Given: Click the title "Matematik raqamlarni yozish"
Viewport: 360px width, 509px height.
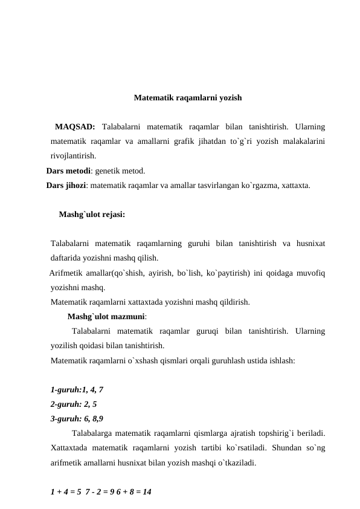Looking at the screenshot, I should click(188, 97).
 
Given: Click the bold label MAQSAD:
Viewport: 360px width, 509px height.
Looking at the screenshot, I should click(74, 127).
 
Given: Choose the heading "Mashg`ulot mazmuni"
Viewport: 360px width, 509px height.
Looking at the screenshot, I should click(106, 316).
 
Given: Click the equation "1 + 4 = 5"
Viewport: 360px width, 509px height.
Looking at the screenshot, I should click(66, 492).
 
